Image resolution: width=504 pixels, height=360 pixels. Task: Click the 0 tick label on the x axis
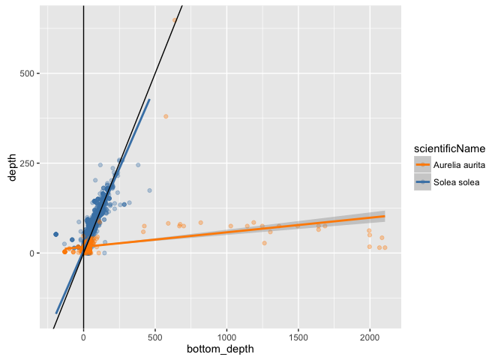coord(83,337)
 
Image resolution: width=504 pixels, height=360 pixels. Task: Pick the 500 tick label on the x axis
coord(155,337)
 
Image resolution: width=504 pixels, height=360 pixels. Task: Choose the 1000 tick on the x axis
coord(226,337)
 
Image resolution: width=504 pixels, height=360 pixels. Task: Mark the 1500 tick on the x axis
coord(298,337)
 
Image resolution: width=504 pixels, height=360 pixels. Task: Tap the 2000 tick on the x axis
coord(370,337)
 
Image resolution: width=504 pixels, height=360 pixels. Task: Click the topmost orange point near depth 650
coord(175,20)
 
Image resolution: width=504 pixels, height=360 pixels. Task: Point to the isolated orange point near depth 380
coord(166,116)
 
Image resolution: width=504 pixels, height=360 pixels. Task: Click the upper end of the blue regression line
coord(149,99)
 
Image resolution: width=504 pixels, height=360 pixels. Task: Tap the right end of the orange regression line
coord(385,216)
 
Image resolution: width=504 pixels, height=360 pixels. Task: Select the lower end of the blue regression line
coord(56,313)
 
